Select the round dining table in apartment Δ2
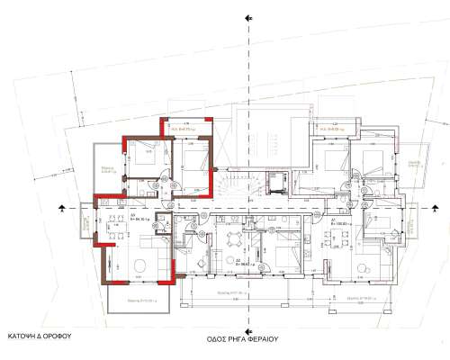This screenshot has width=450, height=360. point(236,238)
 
